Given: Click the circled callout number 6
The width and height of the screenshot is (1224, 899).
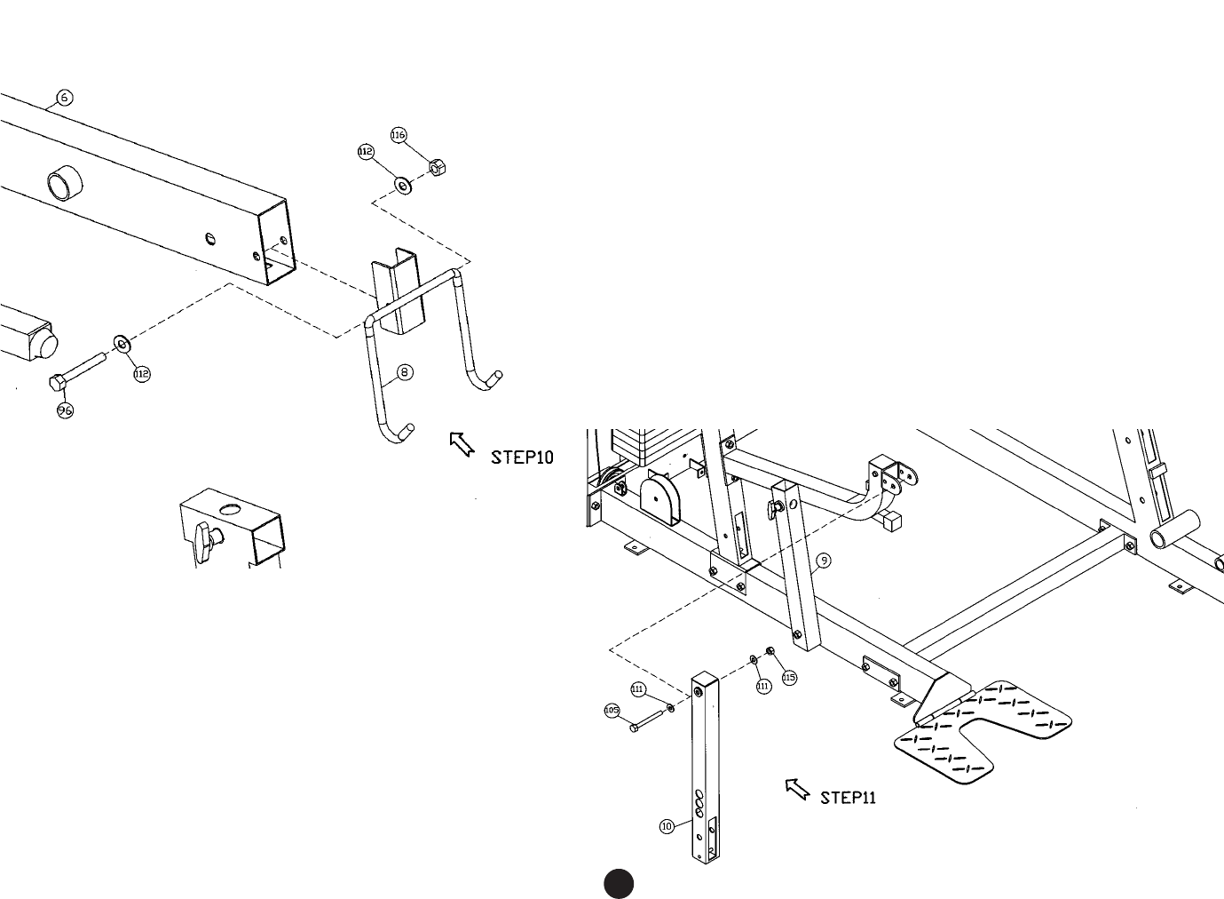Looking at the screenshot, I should tap(65, 98).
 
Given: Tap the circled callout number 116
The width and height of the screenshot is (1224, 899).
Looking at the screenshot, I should tap(399, 135).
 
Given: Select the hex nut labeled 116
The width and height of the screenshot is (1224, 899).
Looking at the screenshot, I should tap(438, 166).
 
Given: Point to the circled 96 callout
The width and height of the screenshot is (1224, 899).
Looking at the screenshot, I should tap(65, 410).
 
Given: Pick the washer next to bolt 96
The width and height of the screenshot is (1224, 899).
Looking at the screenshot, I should tap(121, 342).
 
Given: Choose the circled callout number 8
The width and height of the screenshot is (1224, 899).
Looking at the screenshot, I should tap(405, 372).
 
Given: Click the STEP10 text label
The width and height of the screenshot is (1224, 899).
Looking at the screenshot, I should tap(522, 457).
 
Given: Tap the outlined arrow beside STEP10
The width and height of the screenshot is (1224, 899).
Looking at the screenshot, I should tap(462, 443).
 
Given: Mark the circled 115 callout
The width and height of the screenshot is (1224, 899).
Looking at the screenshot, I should tap(789, 678).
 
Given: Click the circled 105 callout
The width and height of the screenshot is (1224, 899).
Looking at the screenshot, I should tap(612, 711).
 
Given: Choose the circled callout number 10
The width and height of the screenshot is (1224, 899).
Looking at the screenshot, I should tap(667, 826).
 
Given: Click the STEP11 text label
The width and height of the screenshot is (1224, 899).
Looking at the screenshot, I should tap(848, 798).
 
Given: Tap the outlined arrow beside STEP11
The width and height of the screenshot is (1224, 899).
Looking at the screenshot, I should tap(797, 788).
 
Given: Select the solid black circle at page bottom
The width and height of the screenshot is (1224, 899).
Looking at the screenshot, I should tap(619, 882).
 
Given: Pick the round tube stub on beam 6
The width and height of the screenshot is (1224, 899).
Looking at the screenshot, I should tap(64, 184).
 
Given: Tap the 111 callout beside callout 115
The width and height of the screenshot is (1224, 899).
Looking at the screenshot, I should tap(763, 686).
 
